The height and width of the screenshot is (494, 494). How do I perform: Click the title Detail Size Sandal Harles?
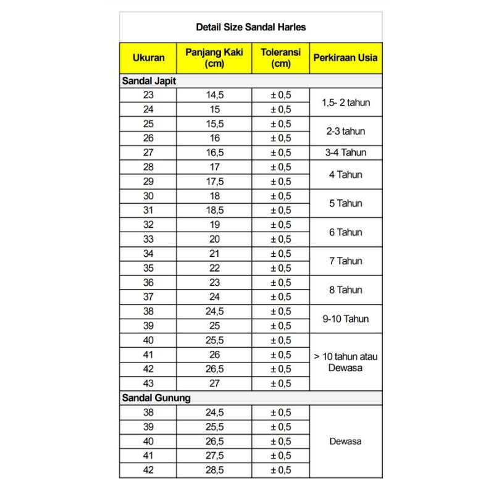click(251, 27)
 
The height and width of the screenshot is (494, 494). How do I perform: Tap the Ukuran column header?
click(148, 59)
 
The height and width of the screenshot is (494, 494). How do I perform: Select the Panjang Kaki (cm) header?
click(214, 59)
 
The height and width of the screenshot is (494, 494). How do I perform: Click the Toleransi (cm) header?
click(280, 59)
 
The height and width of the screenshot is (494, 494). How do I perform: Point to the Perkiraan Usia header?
click(346, 59)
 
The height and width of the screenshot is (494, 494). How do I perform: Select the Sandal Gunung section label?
click(156, 398)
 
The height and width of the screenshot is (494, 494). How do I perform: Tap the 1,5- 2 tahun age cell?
click(346, 103)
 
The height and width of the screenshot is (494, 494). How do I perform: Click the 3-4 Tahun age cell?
click(346, 153)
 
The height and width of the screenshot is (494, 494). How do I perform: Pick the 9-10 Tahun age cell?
click(346, 319)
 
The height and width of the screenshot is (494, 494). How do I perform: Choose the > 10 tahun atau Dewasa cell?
click(346, 362)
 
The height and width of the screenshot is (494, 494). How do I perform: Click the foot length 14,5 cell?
click(214, 95)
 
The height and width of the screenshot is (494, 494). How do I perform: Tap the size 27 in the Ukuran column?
click(148, 153)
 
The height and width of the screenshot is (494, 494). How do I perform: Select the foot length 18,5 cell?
click(214, 211)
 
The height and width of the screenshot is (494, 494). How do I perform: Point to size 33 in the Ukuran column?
click(148, 240)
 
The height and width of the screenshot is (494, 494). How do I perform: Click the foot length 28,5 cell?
click(214, 471)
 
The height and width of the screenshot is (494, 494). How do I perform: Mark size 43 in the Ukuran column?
click(148, 383)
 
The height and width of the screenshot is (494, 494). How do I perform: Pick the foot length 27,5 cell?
click(214, 456)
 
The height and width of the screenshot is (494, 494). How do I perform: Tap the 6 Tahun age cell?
click(346, 232)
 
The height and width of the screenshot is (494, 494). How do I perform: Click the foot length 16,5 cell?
click(214, 153)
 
